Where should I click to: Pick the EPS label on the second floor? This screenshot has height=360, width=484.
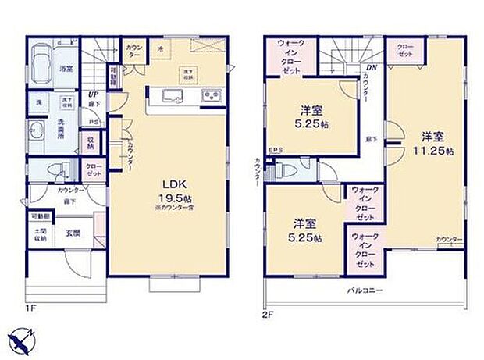click(275, 151)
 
